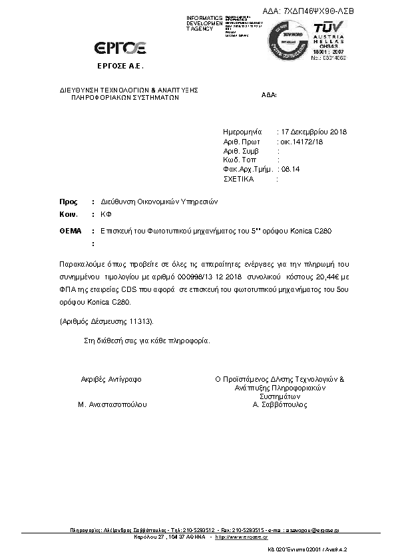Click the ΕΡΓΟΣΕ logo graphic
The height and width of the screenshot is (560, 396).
pos(121,47)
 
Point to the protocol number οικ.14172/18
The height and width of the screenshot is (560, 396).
pos(301,142)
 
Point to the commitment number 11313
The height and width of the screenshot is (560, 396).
pos(138,321)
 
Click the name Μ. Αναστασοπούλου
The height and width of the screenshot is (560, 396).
pos(112,404)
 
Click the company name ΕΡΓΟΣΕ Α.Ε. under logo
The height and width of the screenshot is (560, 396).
pos(120,68)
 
